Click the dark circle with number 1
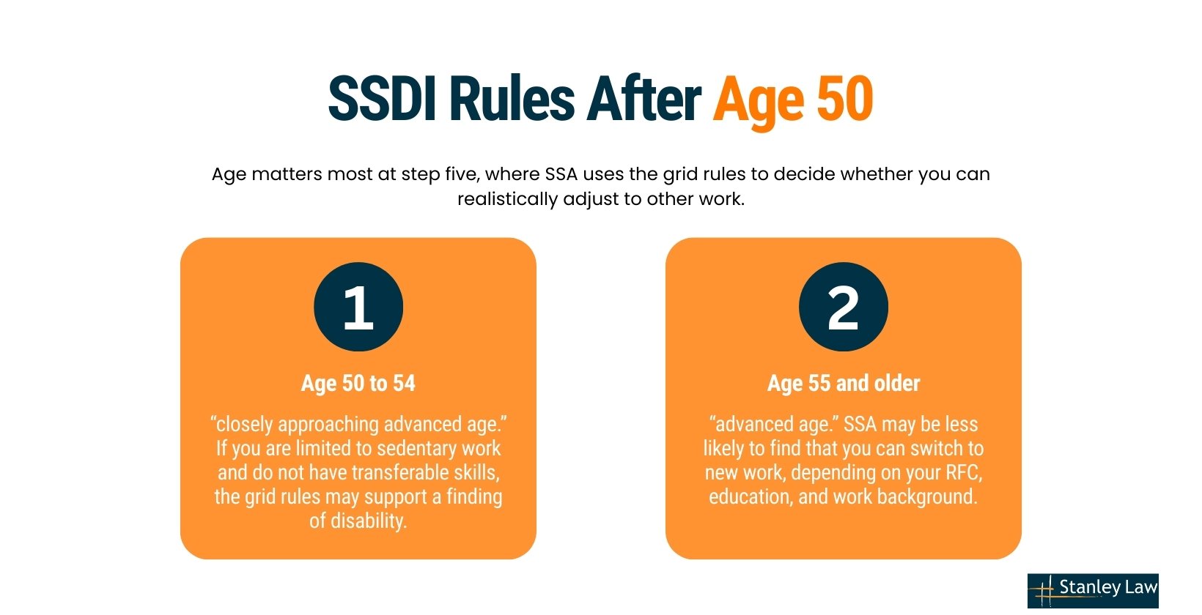(358, 307)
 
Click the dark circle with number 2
(843, 307)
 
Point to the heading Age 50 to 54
(358, 383)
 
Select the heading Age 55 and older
(843, 383)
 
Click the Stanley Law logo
(1093, 590)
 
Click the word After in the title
(644, 99)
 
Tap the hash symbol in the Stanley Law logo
(1044, 591)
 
